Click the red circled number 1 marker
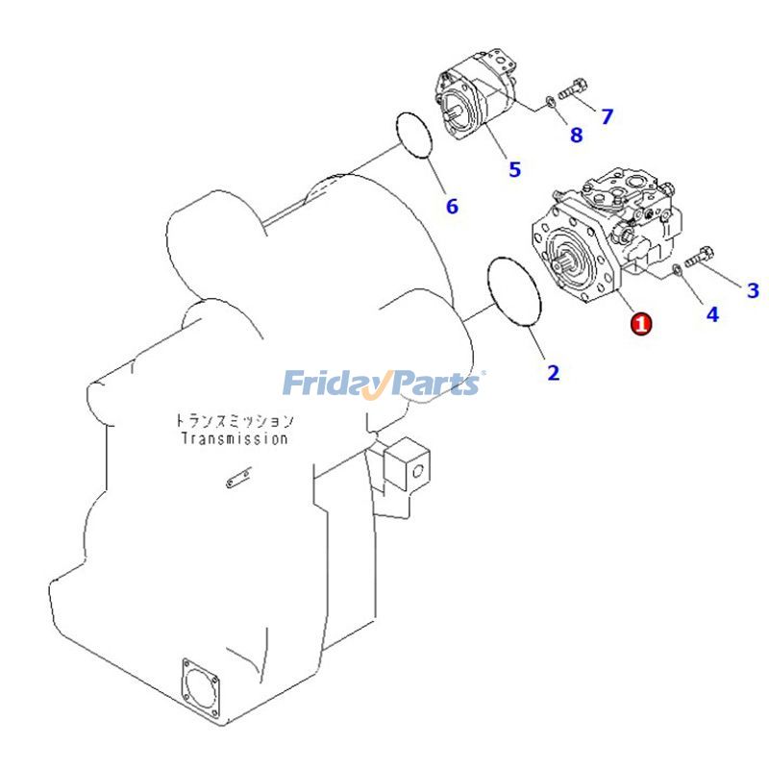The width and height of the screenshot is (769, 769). click(x=641, y=325)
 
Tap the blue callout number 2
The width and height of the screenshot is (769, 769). click(x=553, y=373)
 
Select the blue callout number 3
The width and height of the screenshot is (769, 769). click(x=753, y=289)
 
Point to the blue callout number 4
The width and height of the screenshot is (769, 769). click(x=712, y=314)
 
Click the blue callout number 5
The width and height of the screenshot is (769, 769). click(x=515, y=169)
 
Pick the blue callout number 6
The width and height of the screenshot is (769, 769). click(x=452, y=206)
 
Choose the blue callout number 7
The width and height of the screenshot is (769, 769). click(x=607, y=117)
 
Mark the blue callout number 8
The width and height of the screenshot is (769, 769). click(x=576, y=136)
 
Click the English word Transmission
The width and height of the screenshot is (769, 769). click(x=235, y=439)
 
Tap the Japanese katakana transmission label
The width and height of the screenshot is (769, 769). click(x=235, y=421)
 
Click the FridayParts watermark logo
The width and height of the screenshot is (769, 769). click(x=383, y=384)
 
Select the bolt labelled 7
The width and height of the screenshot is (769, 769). click(x=573, y=91)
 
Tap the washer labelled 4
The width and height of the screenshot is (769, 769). click(x=679, y=270)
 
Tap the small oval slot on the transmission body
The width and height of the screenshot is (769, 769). click(x=235, y=481)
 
